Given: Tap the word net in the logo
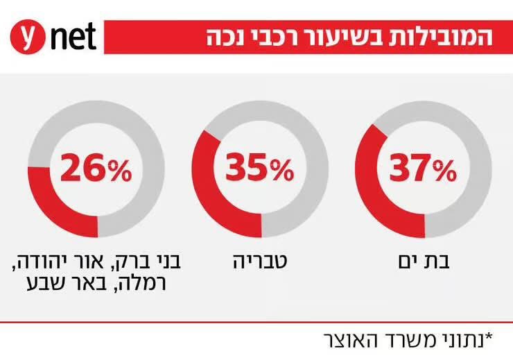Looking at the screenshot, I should (x=73, y=37).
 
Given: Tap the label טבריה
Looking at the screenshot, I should (x=260, y=262).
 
